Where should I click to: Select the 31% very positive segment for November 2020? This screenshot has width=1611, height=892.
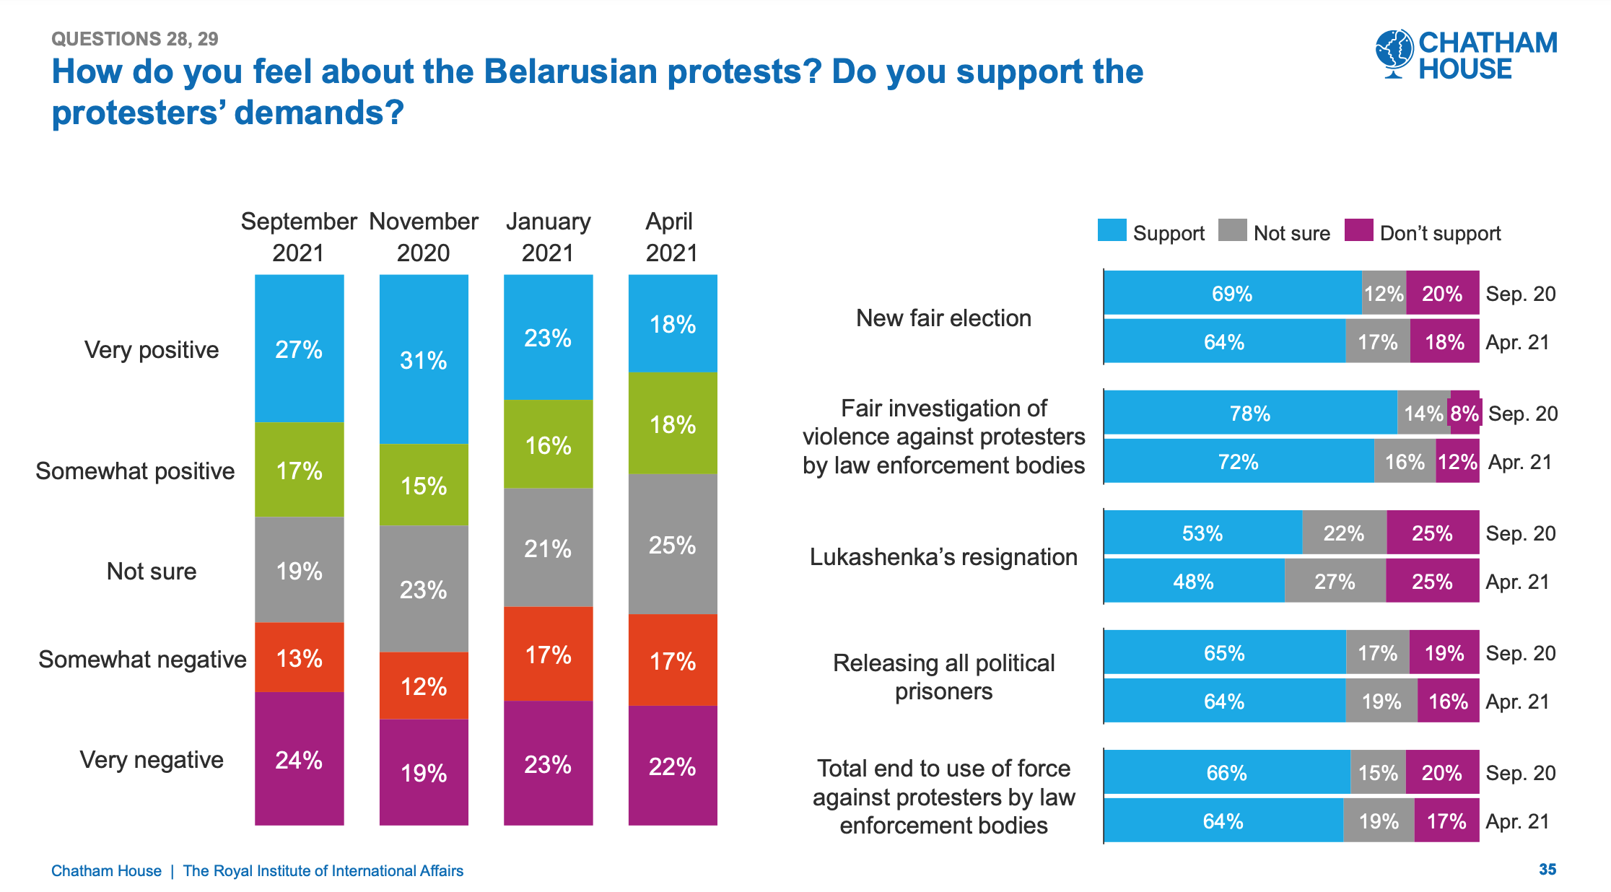point(424,359)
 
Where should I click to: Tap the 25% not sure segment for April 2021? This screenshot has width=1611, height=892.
point(672,544)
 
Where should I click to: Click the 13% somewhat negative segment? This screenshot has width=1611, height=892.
point(299,657)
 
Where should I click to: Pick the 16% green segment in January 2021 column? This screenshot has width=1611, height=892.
point(548,445)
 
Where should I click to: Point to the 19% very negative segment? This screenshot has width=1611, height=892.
point(424,772)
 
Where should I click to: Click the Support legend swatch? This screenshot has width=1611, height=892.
point(1112,230)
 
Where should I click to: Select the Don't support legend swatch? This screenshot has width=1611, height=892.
point(1358,230)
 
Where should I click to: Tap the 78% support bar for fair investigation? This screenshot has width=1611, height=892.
point(1249,413)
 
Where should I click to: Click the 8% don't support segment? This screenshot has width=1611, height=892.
point(1464,413)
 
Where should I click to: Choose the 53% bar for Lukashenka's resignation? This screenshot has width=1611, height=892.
point(1202,533)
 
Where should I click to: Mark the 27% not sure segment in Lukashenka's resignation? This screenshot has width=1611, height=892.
point(1335,581)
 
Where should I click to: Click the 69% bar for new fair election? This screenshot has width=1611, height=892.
point(1232,293)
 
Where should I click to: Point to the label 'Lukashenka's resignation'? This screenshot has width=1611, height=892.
point(943,556)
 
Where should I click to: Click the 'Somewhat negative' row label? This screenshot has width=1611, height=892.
point(142,659)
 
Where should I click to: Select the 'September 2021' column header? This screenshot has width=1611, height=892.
point(299,237)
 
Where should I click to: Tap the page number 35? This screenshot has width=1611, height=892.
point(1547,869)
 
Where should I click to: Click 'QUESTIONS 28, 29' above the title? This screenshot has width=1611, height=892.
point(135,39)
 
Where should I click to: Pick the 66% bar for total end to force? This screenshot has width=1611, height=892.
point(1226,772)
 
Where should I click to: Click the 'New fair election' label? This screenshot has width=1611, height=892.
point(943,318)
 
